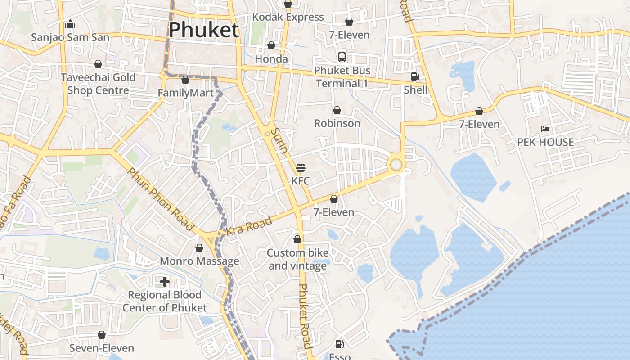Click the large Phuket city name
204,30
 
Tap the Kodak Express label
288,17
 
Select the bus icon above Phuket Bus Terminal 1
342,57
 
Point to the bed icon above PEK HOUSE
545,129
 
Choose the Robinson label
337,123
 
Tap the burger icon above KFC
301,168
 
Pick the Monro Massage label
199,261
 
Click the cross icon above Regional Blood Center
165,282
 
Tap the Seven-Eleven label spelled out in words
102,348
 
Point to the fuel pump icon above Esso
340,344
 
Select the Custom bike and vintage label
297,259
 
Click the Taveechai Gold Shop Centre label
98,84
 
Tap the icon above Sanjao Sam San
70,24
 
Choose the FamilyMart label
185,93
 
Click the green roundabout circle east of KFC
396,165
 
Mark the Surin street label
279,140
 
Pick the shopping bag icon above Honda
271,46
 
